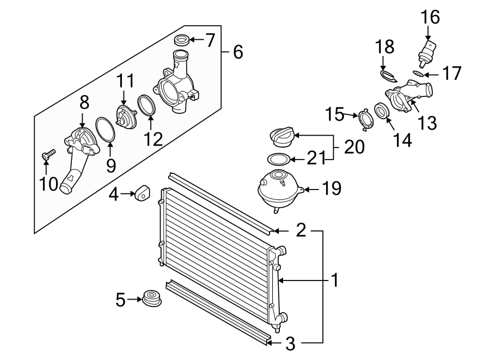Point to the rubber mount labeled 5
151,299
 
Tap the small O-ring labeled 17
417,74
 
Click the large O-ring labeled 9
106,131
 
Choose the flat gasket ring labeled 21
278,159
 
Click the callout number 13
427,123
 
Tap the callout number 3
290,343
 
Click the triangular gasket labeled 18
388,74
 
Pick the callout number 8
84,102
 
